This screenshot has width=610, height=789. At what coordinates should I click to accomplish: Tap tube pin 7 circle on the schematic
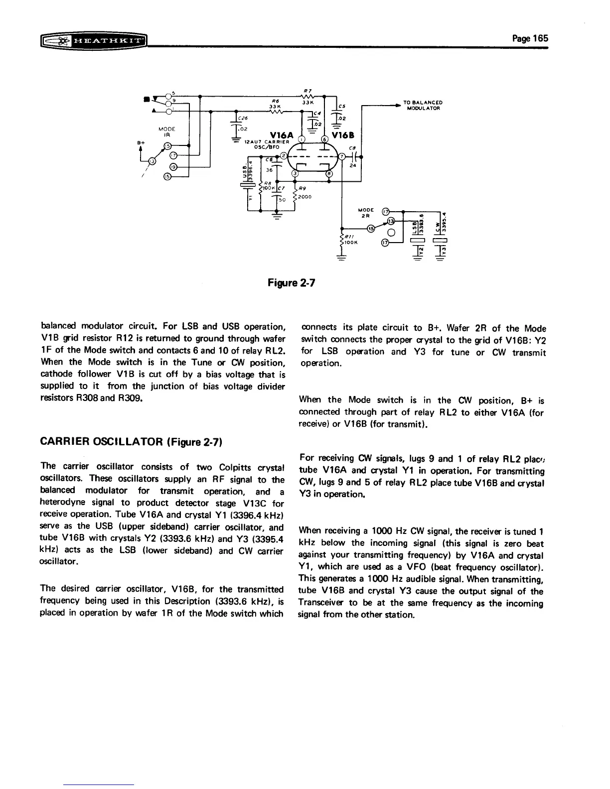click(342, 156)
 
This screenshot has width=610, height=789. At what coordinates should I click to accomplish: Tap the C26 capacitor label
click(243, 118)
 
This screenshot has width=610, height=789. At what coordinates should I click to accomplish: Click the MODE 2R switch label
click(366, 213)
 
